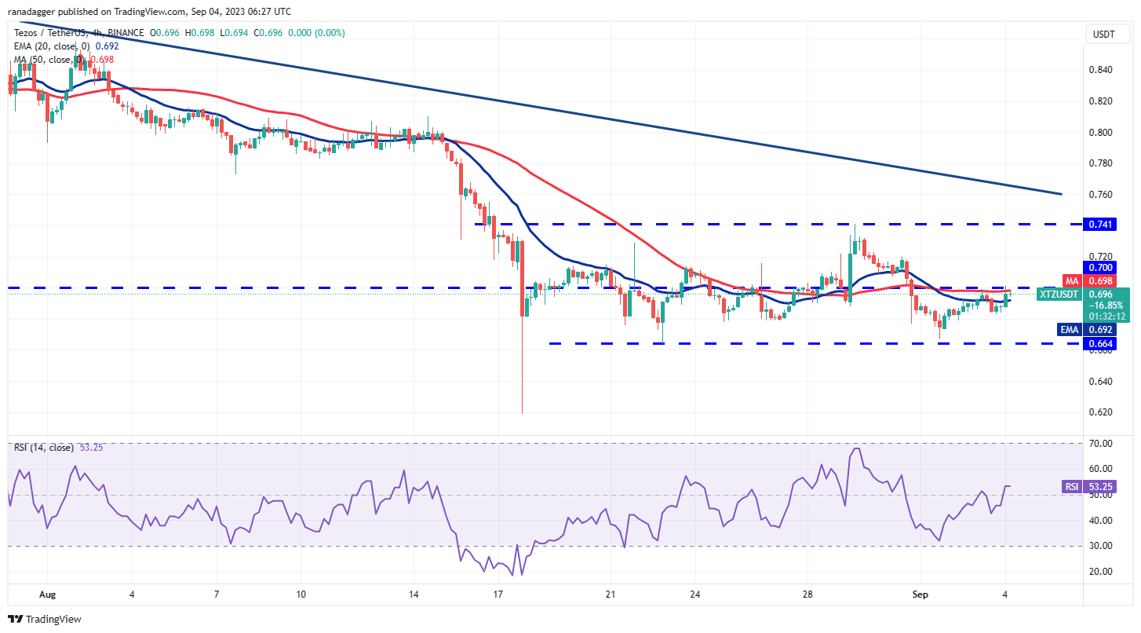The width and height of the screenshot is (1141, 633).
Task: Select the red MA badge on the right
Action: pyautogui.click(x=1072, y=280)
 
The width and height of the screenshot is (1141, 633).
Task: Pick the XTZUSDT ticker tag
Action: pyautogui.click(x=1059, y=295)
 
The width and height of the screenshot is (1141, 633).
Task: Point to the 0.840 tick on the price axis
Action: pyautogui.click(x=1101, y=70)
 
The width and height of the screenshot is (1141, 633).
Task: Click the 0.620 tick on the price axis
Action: pyautogui.click(x=1101, y=412)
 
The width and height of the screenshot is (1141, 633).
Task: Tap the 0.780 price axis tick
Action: pyautogui.click(x=1101, y=163)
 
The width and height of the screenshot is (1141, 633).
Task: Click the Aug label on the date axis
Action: pyautogui.click(x=47, y=595)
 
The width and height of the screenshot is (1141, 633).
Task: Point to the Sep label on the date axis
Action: pyautogui.click(x=920, y=595)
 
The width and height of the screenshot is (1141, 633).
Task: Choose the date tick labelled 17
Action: pyautogui.click(x=498, y=595)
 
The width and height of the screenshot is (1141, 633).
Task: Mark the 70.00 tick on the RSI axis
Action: pyautogui.click(x=1101, y=444)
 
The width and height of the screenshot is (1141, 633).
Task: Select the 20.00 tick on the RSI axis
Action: pyautogui.click(x=1101, y=571)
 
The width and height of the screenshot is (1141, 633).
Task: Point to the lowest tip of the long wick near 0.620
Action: pyautogui.click(x=522, y=413)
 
